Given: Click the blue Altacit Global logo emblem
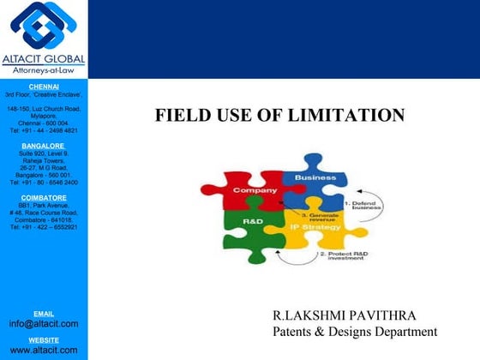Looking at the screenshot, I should (x=43, y=27).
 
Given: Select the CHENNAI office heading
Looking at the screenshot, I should (x=43, y=87).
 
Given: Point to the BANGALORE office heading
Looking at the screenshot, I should (x=43, y=146).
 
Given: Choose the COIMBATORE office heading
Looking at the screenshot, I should (x=43, y=198).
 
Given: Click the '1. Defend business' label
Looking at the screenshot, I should (x=361, y=205).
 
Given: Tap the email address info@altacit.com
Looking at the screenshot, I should (x=43, y=323).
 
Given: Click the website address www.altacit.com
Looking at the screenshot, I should (x=43, y=350).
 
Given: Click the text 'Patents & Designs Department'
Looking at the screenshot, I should (x=355, y=332).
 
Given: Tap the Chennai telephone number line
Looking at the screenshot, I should (x=43, y=130).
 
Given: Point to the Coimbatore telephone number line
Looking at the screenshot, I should (x=43, y=227).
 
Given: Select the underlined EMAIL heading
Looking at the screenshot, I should (x=43, y=314).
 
